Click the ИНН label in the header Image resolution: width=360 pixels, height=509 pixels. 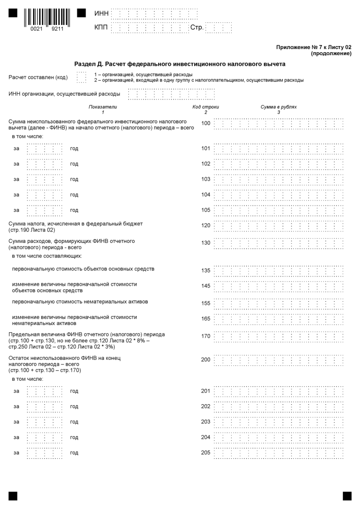point(102,14)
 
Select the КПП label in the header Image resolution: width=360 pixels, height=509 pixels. point(102,28)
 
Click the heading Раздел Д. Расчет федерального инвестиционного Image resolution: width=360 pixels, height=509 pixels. point(180,64)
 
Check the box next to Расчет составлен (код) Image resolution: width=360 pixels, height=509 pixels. point(81,77)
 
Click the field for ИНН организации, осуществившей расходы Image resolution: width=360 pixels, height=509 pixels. point(171,94)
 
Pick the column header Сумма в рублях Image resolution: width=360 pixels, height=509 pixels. point(278,107)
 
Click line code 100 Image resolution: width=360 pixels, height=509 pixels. point(205,123)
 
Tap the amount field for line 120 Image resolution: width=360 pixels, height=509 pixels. point(278,225)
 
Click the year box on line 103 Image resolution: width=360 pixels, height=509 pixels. point(44,179)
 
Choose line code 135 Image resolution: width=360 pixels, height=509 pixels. point(205,271)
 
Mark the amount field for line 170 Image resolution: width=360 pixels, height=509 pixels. point(278,337)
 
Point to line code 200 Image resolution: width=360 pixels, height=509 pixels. point(205,359)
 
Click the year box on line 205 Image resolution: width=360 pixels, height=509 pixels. point(44,453)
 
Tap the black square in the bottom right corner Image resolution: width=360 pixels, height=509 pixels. point(347,496)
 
